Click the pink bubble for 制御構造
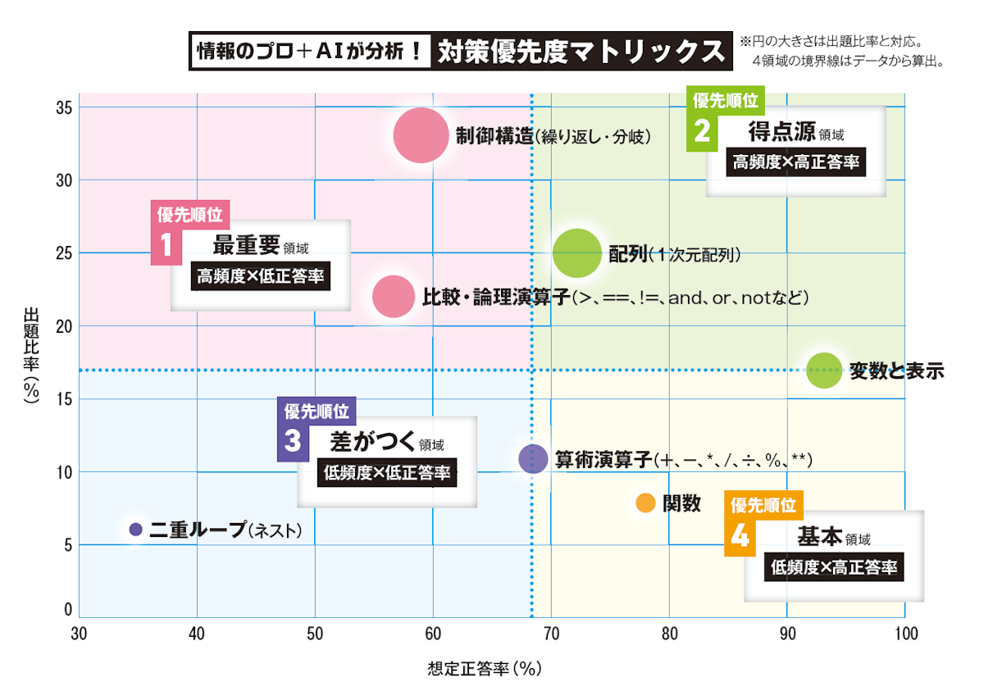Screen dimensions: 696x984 pyautogui.click(x=421, y=135)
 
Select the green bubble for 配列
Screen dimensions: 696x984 pyautogui.click(x=577, y=254)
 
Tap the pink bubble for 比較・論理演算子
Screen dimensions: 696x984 pyautogui.click(x=394, y=297)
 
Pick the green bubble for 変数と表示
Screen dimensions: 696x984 pyautogui.click(x=824, y=371)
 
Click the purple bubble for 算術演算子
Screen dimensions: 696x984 pyautogui.click(x=533, y=458)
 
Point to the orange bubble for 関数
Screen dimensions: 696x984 pyautogui.click(x=645, y=503)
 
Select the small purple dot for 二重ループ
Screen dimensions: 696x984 pyautogui.click(x=136, y=530)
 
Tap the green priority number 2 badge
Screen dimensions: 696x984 pyautogui.click(x=702, y=131)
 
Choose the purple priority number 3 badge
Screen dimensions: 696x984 pyautogui.click(x=293, y=441)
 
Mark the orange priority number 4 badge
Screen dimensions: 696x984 pyautogui.click(x=740, y=536)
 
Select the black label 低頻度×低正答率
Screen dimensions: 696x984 pyautogui.click(x=387, y=472)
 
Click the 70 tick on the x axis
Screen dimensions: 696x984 pyautogui.click(x=551, y=634)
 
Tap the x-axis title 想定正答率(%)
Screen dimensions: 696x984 pyautogui.click(x=485, y=669)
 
